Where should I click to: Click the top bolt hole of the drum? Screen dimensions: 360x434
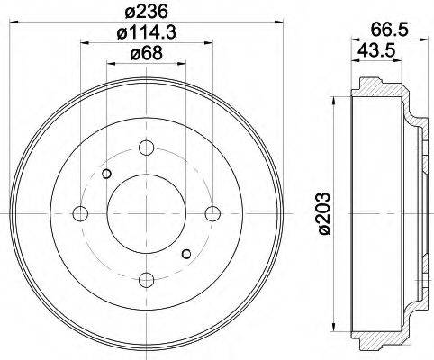[x=147, y=148]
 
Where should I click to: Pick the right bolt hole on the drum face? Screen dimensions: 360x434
[x=212, y=213]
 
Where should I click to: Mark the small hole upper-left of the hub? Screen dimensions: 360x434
[x=106, y=174]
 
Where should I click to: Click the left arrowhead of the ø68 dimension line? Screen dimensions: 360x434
[x=110, y=62]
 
